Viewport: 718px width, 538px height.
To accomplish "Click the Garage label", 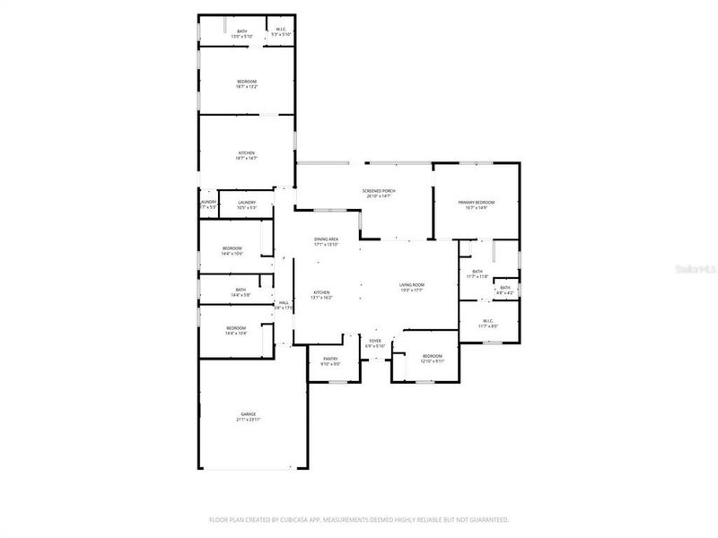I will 247,413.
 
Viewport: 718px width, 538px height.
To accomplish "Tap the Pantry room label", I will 330,359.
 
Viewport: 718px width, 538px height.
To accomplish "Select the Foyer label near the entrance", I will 375,341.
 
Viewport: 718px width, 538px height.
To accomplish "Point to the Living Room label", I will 412,285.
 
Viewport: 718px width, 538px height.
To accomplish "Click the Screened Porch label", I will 378,191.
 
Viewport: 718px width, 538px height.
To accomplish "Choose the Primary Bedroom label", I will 476,203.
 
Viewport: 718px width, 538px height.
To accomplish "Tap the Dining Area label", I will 326,239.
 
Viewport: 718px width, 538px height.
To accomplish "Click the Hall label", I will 284,303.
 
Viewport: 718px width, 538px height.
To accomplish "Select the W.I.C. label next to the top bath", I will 281,30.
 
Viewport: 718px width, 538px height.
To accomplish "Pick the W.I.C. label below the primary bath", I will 487,321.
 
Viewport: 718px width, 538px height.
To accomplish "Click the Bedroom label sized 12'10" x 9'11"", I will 432,357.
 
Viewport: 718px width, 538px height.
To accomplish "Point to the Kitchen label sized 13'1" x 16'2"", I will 321,292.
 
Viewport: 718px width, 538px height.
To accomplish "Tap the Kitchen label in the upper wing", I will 247,152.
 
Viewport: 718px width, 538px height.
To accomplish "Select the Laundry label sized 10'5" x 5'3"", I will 247,203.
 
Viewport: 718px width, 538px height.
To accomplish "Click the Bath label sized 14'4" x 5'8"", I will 241,290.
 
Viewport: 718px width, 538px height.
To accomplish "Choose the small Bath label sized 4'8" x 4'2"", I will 505,288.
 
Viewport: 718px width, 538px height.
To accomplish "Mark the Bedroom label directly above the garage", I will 236,328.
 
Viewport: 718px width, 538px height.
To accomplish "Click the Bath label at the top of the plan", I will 241,31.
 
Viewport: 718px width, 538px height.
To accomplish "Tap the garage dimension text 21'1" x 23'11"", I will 247,420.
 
